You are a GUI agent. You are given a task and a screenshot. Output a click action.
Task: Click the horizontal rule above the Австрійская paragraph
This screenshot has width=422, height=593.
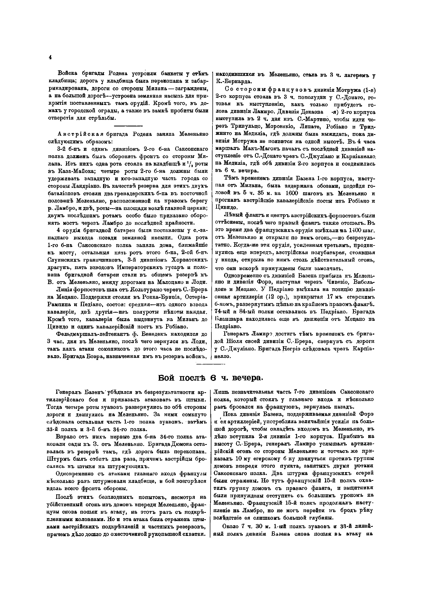128,126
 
